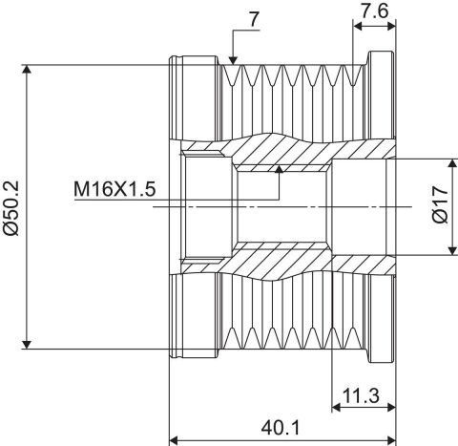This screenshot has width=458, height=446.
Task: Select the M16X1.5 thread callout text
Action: coord(114,189)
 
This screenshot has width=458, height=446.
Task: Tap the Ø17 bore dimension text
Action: coord(441,204)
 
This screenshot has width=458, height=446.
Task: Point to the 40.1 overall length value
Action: coord(281,428)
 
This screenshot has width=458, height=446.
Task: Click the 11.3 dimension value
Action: coord(361,395)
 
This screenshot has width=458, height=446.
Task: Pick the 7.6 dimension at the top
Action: coord(374,11)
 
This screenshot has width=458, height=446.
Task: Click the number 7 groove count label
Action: coord(254,20)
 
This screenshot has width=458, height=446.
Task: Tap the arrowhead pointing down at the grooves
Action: coord(233,60)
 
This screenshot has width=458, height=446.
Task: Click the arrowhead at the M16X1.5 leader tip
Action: coord(280,169)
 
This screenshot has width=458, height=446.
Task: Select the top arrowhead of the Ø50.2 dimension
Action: coord(27,69)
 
